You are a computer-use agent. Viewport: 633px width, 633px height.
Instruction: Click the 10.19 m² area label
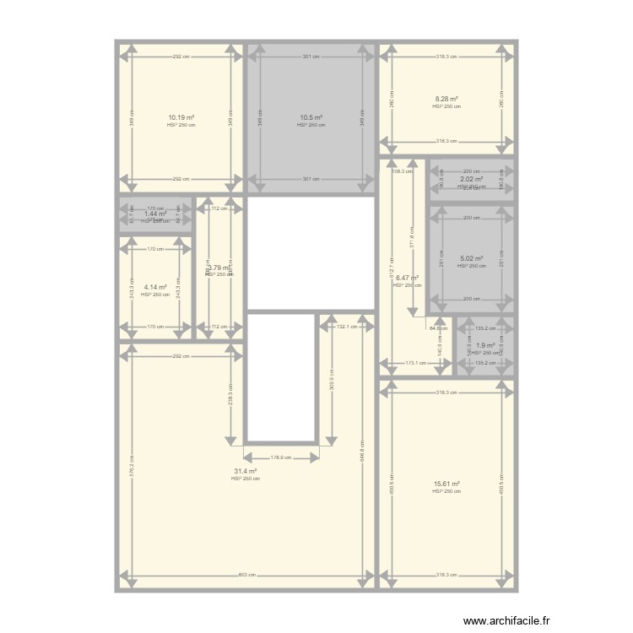tap(181, 117)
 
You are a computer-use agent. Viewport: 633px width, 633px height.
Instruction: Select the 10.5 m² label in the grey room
tap(311, 117)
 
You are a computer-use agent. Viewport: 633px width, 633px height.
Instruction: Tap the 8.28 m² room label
tap(446, 99)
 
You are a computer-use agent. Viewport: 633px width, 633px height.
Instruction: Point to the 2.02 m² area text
tap(471, 179)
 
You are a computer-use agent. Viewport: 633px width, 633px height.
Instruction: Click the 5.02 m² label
tap(471, 259)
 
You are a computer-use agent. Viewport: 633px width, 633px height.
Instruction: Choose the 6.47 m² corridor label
tap(406, 278)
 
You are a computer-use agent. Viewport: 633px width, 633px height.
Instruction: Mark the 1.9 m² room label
tap(485, 345)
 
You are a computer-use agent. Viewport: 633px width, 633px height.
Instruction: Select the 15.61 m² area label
tap(446, 484)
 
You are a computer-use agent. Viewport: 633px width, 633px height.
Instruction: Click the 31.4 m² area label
tap(245, 472)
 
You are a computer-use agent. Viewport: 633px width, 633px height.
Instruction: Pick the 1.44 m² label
tap(154, 214)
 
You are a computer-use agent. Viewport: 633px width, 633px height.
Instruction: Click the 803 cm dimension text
tap(245, 576)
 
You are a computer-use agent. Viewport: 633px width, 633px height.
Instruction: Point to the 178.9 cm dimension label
tap(281, 457)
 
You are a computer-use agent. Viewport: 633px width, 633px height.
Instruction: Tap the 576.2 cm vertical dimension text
tap(131, 460)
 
